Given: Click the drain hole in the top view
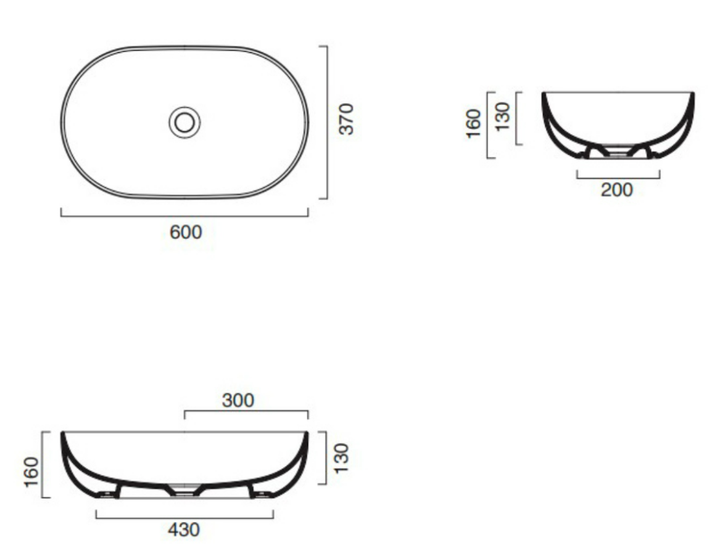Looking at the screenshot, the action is coord(184,122).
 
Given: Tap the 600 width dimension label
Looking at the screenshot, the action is coord(186,232).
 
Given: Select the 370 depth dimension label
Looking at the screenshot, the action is coord(346,119).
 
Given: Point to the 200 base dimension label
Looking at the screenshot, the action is coord(616,189).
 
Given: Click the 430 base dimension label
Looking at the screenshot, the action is coord(184,529).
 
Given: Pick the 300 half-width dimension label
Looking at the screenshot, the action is coord(238,401).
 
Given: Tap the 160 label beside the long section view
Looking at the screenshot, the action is coord(31,472).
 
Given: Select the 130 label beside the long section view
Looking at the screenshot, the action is coord(341,458).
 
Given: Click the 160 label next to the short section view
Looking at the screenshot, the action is coord(473,123).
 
